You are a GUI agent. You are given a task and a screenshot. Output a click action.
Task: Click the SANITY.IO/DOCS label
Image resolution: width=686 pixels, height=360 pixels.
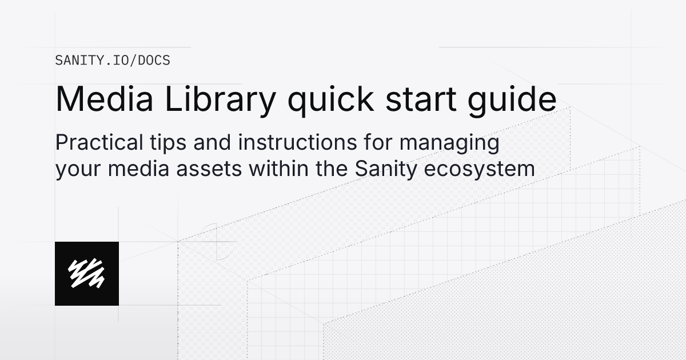[x=113, y=60]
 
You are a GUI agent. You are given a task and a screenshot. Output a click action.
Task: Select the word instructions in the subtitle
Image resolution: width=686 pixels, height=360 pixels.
[x=290, y=143]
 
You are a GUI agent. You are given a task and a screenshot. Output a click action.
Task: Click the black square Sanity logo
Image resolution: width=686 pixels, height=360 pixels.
[x=87, y=273]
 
